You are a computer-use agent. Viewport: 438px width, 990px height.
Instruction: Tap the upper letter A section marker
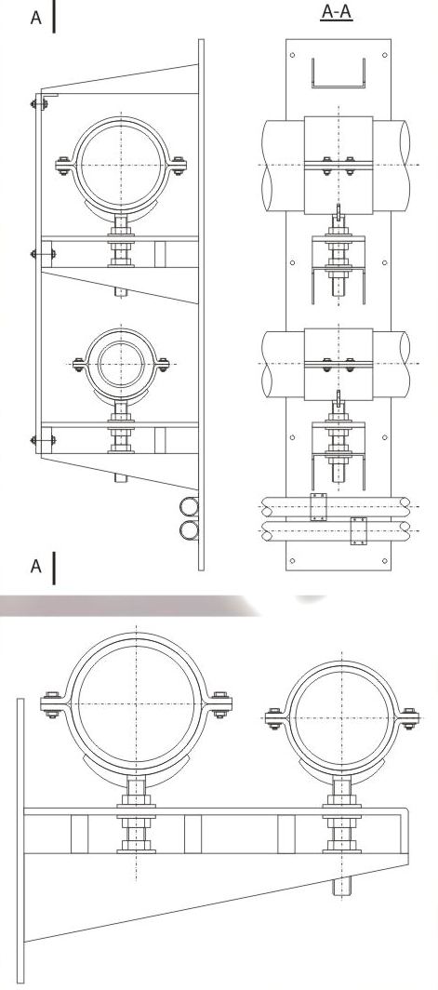(36, 18)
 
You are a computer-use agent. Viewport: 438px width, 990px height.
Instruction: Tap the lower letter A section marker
(36, 566)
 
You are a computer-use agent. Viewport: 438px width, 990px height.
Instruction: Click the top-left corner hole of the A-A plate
(294, 56)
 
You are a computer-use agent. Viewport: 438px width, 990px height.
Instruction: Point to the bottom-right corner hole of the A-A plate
(383, 560)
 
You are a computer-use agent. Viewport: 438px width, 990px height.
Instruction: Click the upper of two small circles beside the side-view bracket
(189, 507)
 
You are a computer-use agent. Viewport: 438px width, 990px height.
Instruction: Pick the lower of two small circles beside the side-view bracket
(189, 530)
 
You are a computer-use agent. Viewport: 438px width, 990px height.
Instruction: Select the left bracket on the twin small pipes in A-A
(319, 507)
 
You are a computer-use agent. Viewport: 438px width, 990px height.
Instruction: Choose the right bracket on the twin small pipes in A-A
(358, 530)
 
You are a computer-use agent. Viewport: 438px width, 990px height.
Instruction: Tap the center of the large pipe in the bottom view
(136, 705)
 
